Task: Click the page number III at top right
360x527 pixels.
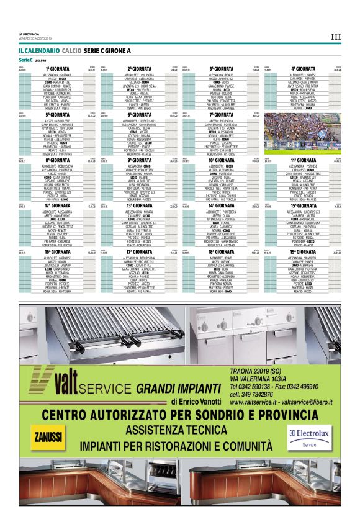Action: pyautogui.click(x=336, y=37)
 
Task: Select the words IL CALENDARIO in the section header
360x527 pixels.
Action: pyautogui.click(x=38, y=49)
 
